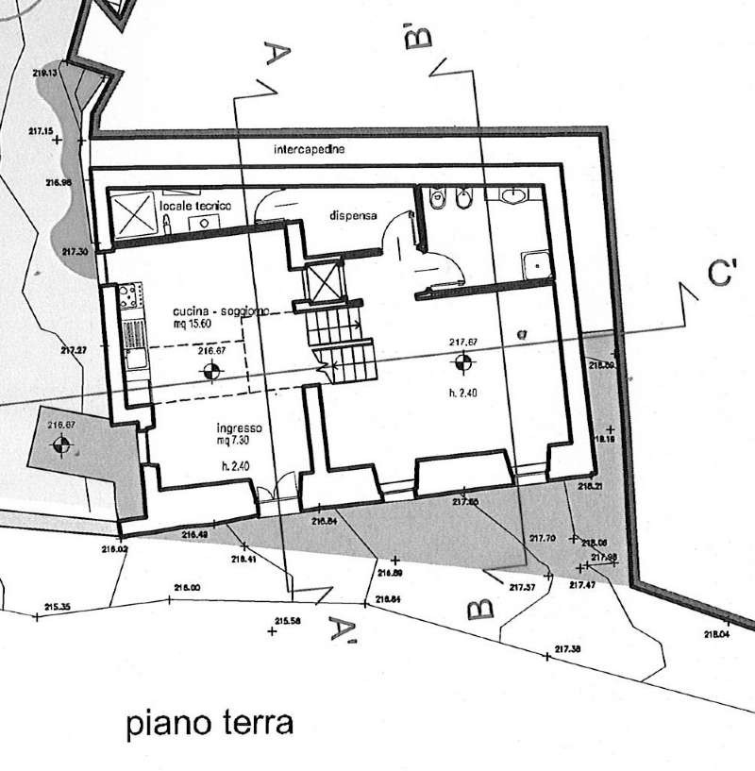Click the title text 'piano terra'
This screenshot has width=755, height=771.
tap(210, 725)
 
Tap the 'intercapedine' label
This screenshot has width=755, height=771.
tap(309, 150)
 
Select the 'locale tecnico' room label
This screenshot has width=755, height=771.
tap(195, 206)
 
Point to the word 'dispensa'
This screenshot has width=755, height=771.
tap(353, 215)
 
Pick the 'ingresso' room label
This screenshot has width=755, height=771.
tap(237, 427)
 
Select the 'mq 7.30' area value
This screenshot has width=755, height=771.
tap(237, 440)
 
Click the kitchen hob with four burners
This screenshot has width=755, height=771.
tap(128, 298)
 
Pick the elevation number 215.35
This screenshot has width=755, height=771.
tap(58, 607)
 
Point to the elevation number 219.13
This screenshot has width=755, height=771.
tap(45, 73)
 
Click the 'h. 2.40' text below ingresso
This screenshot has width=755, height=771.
tap(234, 465)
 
